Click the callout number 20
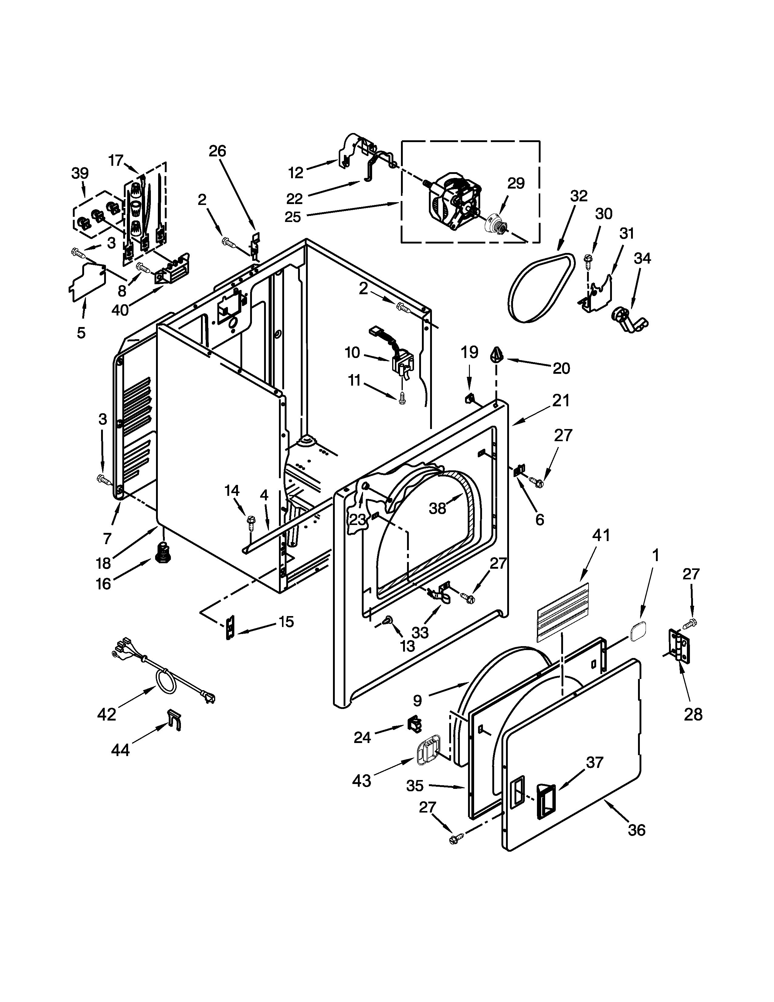coord(561,368)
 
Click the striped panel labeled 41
coord(563,610)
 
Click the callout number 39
coord(80,173)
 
